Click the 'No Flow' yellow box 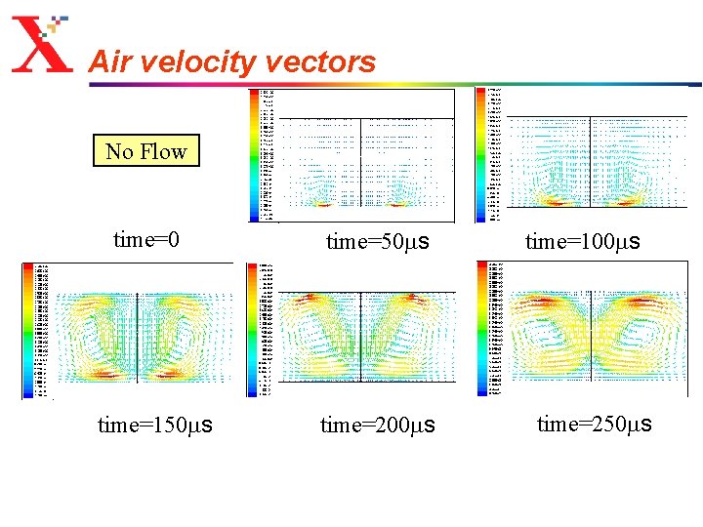pos(145,151)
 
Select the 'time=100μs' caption pos(582,242)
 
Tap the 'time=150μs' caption pos(155,426)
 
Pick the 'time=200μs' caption pos(378,426)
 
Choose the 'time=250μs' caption pos(595,424)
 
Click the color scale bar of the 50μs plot pos(255,154)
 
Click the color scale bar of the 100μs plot pos(481,154)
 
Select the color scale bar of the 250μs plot pos(482,330)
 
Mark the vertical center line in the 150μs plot pos(138,337)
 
